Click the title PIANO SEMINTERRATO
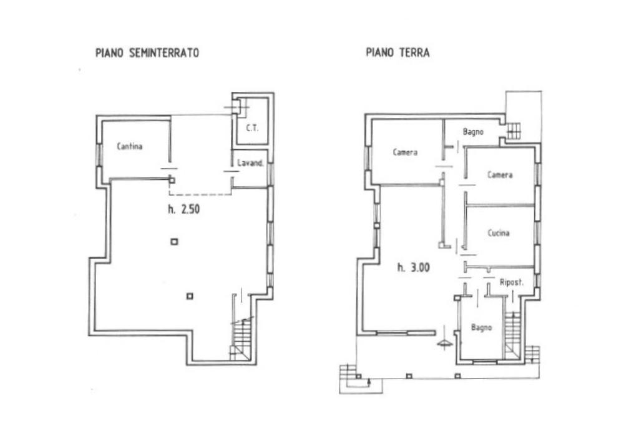147,53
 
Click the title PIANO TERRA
398,53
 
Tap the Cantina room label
130,147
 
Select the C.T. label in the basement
253,128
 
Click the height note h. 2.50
183,210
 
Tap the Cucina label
499,233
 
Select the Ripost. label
511,282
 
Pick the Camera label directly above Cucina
500,175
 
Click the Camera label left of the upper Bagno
406,152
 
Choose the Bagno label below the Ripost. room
482,327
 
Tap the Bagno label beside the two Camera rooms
474,132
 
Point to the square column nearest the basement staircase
190,296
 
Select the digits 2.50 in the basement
190,210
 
